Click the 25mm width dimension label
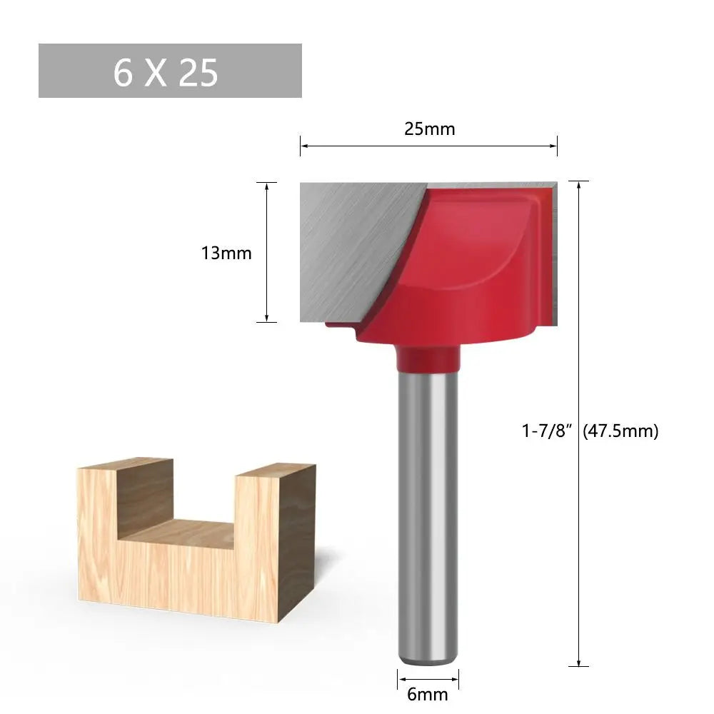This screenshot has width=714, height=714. [428, 129]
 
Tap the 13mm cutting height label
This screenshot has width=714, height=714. [226, 253]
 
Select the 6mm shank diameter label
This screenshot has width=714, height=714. [428, 694]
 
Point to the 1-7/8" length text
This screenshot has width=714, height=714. [548, 431]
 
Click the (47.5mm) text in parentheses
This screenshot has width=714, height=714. [620, 431]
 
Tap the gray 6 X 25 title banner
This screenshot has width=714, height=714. [170, 71]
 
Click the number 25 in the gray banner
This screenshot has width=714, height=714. [198, 72]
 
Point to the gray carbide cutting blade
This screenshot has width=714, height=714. [350, 243]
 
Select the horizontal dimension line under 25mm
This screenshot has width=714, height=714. [428, 146]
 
